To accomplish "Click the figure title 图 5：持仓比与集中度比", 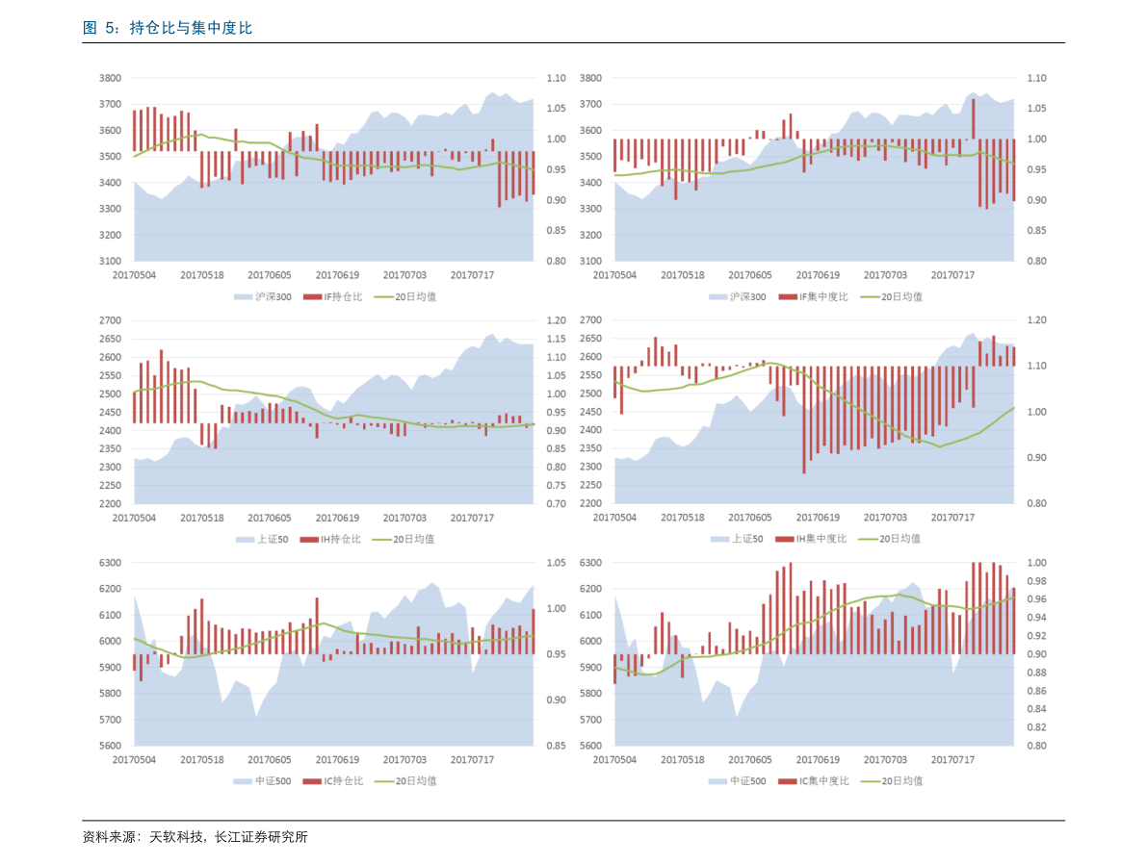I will pyautogui.click(x=168, y=29).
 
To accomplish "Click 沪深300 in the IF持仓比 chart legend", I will pyautogui.click(x=274, y=296).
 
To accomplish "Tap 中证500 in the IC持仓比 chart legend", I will pyautogui.click(x=274, y=780).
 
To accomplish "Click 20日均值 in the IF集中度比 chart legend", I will pyautogui.click(x=901, y=296).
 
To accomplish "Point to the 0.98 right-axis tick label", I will pyautogui.click(x=1035, y=581).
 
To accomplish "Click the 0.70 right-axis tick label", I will pyautogui.click(x=556, y=504).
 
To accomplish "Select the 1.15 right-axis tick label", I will pyautogui.click(x=556, y=339).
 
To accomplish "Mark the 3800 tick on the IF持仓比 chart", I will pyautogui.click(x=111, y=78).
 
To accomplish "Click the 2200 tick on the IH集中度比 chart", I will pyautogui.click(x=590, y=504).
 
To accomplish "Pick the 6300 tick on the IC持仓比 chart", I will pyautogui.click(x=111, y=563).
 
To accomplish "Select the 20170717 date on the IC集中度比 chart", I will pyautogui.click(x=953, y=760).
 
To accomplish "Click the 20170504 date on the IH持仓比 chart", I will pyautogui.click(x=134, y=518).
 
